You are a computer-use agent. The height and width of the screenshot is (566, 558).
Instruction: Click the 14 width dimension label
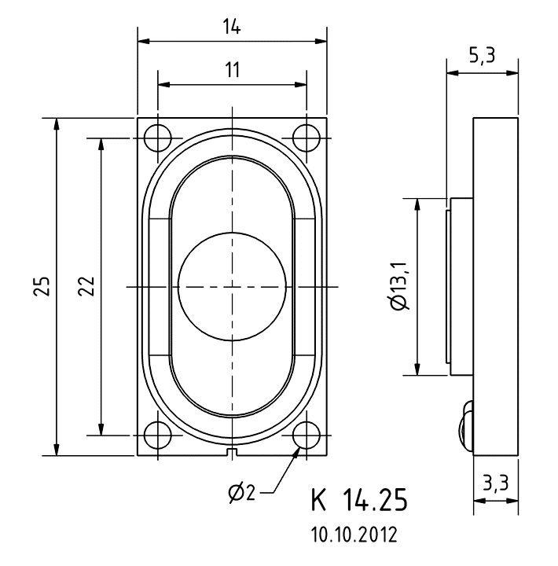232,27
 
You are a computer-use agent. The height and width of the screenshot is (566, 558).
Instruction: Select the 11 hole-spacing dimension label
233,70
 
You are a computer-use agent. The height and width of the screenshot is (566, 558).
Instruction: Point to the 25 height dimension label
42,286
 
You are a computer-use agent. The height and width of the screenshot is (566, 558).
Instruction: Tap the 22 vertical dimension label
86,286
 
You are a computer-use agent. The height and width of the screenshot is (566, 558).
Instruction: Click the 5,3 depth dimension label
483,56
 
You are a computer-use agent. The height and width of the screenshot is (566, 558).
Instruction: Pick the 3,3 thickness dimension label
496,483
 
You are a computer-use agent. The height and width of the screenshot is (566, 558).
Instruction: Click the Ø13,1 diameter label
399,285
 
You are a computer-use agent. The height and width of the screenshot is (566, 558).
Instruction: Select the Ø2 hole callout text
242,492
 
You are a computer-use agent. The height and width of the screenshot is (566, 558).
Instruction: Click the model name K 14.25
359,500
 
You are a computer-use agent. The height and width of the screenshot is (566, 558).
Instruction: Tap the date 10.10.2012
354,535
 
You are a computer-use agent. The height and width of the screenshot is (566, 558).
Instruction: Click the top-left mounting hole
158,138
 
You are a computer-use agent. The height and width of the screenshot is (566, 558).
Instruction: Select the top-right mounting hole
307,138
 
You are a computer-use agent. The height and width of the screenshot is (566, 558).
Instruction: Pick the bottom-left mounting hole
158,435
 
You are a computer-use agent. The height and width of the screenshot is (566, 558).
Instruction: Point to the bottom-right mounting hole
307,435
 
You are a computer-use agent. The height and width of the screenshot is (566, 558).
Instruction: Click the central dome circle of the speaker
232,287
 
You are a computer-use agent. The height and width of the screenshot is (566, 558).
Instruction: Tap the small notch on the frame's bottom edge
232,452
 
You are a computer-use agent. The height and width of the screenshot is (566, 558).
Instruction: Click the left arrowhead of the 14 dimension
143,41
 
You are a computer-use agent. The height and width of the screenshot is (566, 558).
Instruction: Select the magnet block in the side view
461,287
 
